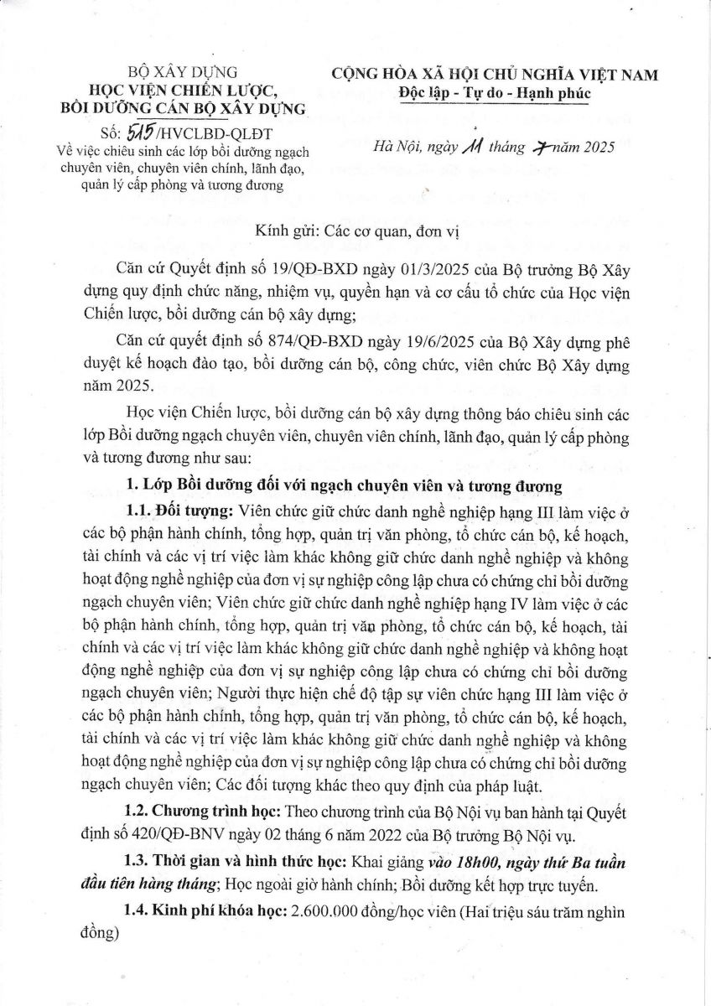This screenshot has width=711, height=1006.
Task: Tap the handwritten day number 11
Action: [469, 146]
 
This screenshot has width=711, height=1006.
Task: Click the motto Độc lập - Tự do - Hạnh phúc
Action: [495, 92]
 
